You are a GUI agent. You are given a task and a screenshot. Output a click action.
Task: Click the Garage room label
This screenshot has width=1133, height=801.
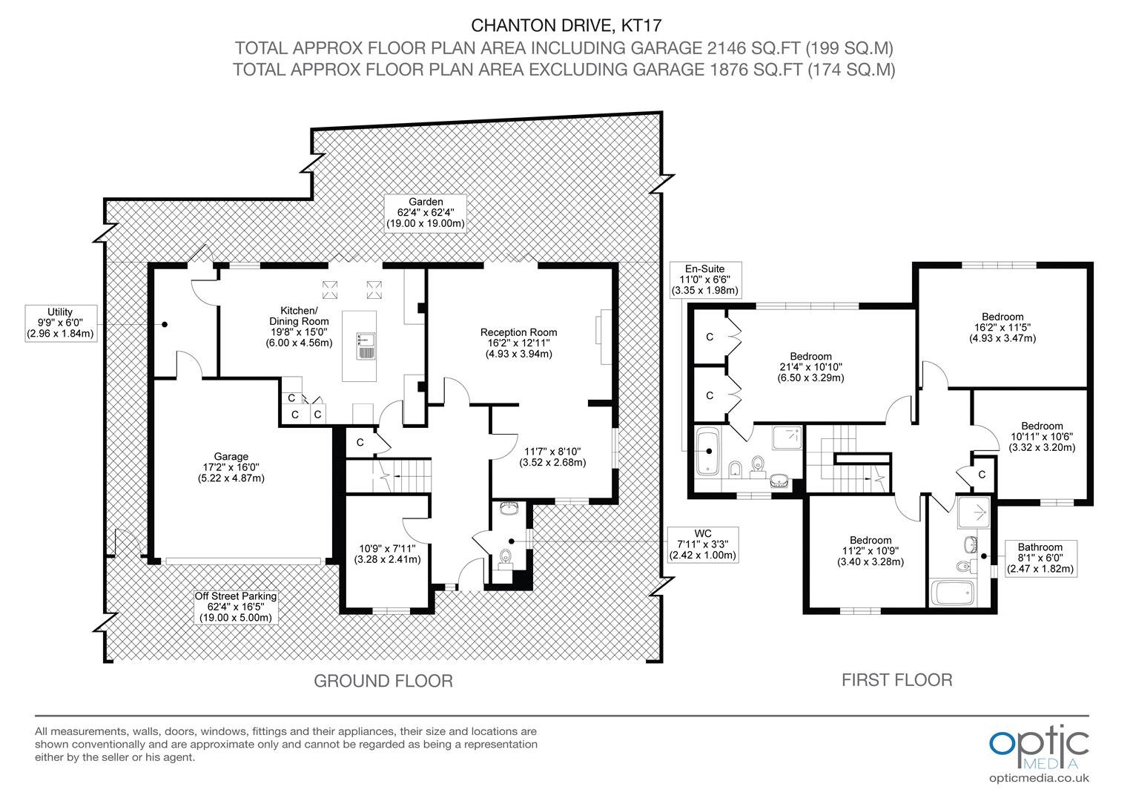pos(231,467)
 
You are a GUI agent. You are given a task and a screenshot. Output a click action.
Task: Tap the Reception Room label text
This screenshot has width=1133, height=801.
pos(518,343)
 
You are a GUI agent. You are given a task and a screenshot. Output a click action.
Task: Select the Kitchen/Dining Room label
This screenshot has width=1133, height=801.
pos(299,326)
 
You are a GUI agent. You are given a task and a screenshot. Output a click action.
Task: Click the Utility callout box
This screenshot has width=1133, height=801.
pos(61,323)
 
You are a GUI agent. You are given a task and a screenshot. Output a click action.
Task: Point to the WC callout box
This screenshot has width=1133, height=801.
pos(702,544)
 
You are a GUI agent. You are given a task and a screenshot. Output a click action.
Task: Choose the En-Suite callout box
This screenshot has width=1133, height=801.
pos(705,280)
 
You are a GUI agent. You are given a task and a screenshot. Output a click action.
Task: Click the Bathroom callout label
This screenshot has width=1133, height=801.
pos(1040,558)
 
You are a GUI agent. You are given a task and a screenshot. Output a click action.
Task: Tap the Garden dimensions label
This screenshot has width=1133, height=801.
pos(426,213)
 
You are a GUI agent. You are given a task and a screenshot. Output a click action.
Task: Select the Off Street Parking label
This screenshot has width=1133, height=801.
pos(236,607)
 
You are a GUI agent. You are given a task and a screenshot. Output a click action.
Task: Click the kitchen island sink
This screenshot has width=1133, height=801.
pos(366,346)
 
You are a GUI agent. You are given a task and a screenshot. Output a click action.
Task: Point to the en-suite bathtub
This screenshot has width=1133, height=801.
pos(707,452)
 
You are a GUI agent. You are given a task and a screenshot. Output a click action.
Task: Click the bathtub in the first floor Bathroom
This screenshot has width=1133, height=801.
pos(952,593)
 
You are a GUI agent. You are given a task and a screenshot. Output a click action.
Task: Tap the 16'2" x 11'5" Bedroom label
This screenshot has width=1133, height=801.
pos(1002,327)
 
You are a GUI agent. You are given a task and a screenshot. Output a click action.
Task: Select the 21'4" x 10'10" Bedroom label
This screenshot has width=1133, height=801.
pos(810,367)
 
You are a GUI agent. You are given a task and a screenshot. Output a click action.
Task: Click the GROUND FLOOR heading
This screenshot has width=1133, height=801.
pos(383,681)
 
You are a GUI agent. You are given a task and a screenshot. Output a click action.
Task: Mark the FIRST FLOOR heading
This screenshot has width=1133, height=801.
pos(896,679)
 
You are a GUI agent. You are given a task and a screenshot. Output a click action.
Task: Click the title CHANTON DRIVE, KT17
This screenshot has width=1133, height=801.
pos(566,25)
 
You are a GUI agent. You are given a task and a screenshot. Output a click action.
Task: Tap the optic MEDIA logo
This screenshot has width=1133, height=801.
pos(1039,748)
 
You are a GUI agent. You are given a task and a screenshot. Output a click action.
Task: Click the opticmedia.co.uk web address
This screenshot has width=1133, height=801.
pos(1039,778)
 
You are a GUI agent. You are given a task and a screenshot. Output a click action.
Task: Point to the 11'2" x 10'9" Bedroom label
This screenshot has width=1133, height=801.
pos(871,551)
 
